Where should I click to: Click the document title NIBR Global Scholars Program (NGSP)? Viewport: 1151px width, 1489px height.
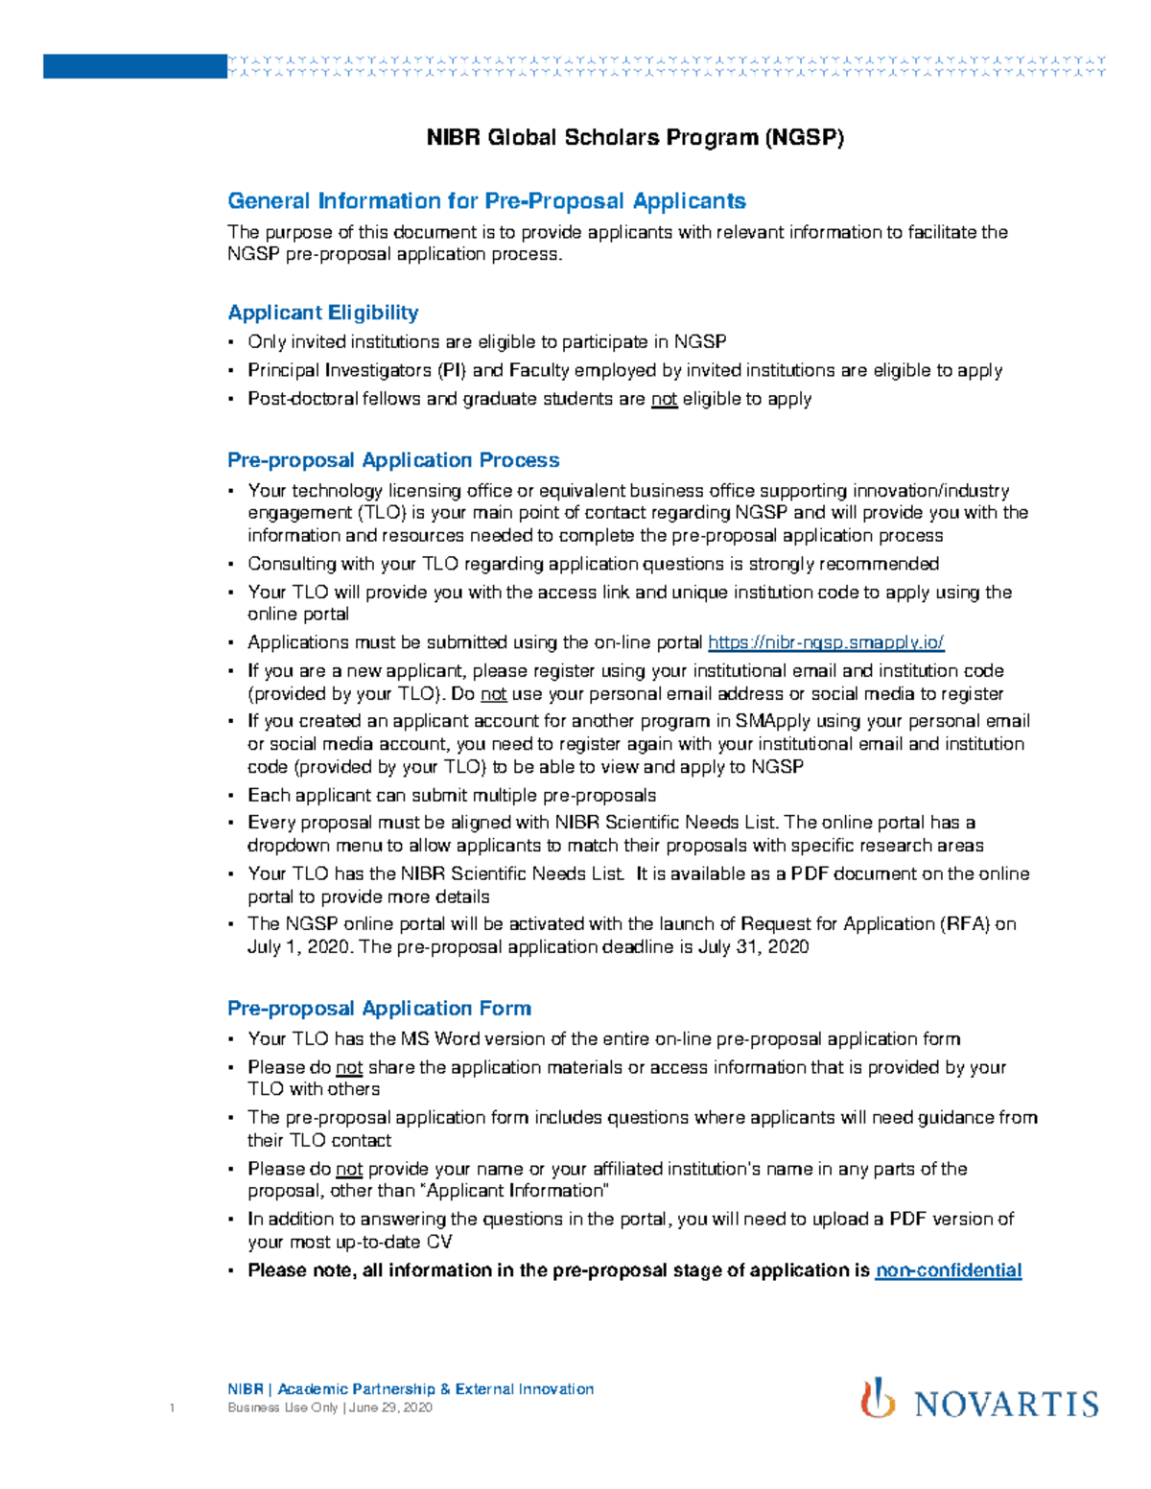coord(635,137)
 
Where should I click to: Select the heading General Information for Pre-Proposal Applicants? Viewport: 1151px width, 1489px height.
coord(486,201)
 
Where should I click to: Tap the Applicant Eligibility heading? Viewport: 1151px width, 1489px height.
coord(322,313)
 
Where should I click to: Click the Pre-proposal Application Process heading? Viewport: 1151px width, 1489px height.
coord(393,460)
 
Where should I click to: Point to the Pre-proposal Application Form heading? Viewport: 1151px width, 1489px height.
coord(379,1009)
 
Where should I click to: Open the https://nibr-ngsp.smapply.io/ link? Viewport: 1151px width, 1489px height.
coord(826,642)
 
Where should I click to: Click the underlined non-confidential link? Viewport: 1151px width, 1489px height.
coord(948,1270)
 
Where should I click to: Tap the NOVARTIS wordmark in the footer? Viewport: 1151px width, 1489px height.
coord(1006,1405)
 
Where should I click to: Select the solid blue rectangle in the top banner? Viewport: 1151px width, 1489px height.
coord(134,66)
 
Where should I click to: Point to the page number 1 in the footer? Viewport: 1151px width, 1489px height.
coord(172,1408)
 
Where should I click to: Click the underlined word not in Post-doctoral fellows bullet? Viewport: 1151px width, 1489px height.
coord(664,399)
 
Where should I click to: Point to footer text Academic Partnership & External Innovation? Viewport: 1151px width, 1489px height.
coord(435,1389)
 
